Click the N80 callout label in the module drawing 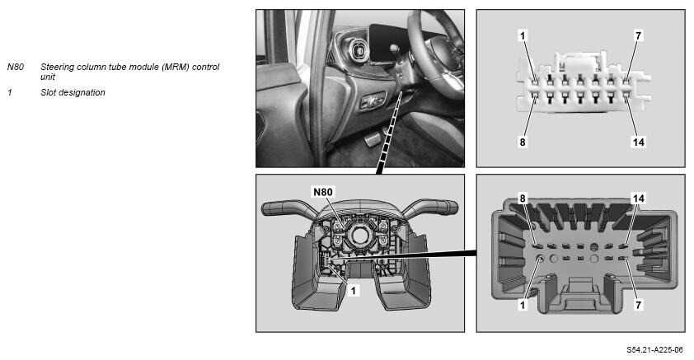click(322, 192)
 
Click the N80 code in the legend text click(16, 68)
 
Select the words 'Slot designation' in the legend click(73, 92)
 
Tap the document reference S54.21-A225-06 click(654, 350)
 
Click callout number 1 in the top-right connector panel click(523, 35)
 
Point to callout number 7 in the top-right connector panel click(638, 35)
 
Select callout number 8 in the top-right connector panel click(523, 142)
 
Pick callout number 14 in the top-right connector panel click(638, 142)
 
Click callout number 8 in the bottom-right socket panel click(523, 199)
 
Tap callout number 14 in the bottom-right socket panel click(638, 199)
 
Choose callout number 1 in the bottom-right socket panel click(523, 305)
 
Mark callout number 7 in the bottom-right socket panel click(638, 305)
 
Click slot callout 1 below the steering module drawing click(354, 291)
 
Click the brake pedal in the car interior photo click(373, 141)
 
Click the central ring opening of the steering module click(359, 235)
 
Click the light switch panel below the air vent click(373, 101)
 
